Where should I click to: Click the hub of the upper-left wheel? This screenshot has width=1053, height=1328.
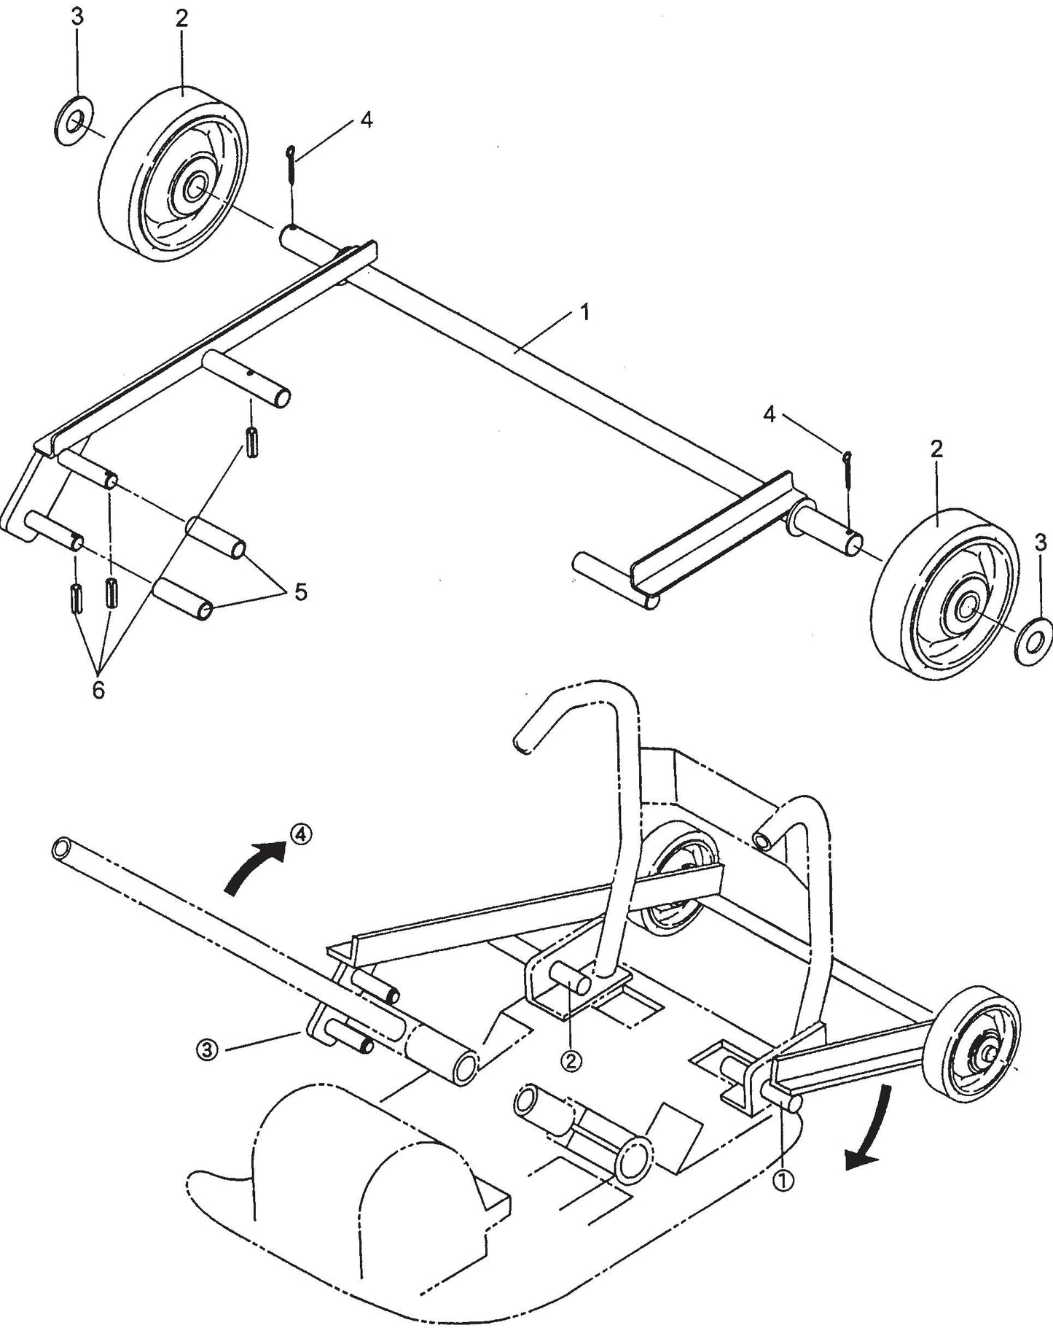[194, 187]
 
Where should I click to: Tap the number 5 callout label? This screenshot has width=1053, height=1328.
[300, 591]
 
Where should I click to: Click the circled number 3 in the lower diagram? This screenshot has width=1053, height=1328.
[208, 1050]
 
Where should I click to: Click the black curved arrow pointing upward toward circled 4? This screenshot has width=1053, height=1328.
[251, 866]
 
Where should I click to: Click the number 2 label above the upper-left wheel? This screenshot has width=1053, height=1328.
[181, 19]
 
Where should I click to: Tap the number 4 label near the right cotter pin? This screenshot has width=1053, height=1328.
[770, 414]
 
